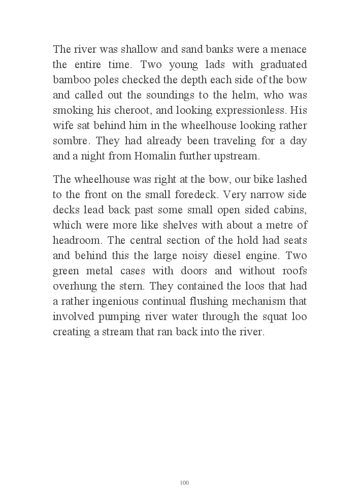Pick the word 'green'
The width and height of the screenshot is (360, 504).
(66, 271)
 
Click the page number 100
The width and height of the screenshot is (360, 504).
(184, 482)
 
